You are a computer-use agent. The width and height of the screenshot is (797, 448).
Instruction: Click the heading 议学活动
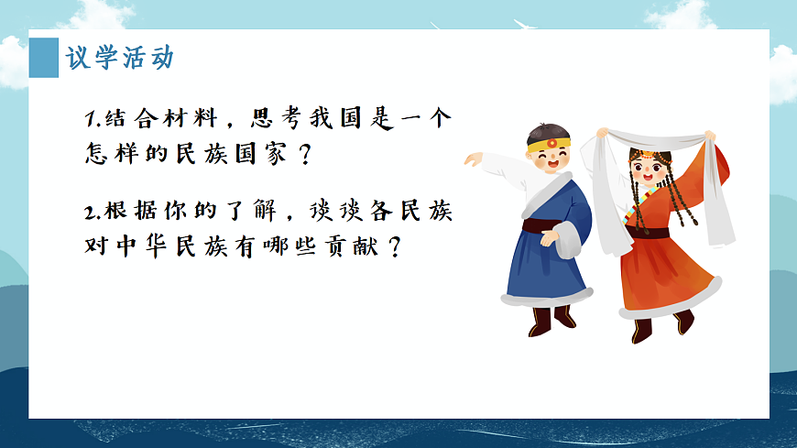click(119, 58)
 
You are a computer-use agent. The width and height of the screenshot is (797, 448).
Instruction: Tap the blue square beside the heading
click(43, 58)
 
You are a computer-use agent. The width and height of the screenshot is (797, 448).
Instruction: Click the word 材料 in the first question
click(188, 119)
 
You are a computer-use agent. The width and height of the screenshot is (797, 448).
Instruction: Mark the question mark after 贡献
click(395, 247)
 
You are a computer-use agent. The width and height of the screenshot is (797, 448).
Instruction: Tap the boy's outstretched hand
click(473, 159)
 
